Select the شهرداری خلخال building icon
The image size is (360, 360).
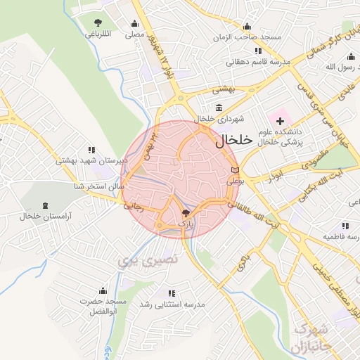219,108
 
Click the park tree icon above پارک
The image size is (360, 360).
186,212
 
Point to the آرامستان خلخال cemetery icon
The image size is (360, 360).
46,205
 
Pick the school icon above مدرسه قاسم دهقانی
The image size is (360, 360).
258,51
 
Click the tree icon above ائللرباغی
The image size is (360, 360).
97,22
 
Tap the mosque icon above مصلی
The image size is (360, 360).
134,22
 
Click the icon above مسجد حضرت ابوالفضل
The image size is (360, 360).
103,290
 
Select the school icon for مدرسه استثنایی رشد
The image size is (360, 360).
171,292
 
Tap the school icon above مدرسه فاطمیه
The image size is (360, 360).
345,226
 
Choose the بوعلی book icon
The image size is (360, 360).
235,170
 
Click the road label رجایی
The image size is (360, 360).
133,207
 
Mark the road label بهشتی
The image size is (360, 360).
225,91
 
